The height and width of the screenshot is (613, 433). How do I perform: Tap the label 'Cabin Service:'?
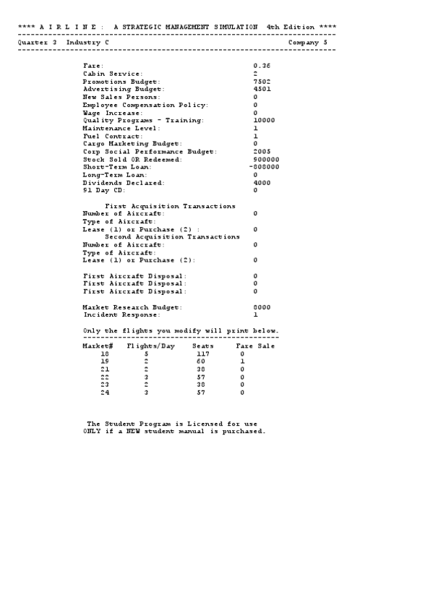tap(113, 74)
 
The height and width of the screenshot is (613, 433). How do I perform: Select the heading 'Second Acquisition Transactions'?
tap(173, 237)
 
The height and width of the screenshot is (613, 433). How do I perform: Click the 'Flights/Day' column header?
tap(149, 346)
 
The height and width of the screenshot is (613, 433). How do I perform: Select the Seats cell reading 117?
tap(202, 354)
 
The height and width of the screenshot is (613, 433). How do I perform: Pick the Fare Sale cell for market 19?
tap(243, 361)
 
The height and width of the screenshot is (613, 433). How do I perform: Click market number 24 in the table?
tap(105, 393)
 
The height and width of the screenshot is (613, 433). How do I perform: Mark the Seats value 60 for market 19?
tap(202, 361)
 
